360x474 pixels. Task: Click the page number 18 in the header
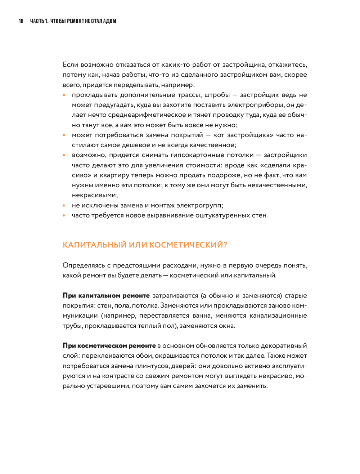(21, 21)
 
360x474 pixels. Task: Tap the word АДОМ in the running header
(109, 21)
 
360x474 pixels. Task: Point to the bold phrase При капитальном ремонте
(106, 296)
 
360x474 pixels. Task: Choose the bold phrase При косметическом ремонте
(109, 346)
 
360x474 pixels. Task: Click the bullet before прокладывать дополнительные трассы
(64, 95)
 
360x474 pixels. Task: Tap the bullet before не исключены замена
(64, 206)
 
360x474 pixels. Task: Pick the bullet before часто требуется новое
(64, 216)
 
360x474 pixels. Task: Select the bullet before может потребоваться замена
(64, 135)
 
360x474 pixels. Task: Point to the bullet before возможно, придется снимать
(64, 155)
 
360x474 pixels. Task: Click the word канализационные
(278, 316)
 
